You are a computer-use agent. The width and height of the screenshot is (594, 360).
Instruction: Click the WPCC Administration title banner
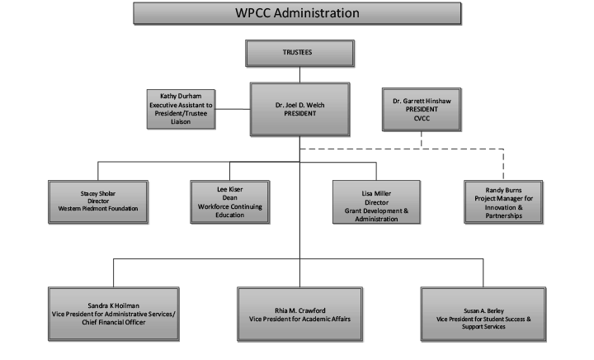point(297,13)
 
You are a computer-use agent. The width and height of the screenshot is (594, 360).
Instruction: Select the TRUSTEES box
point(299,54)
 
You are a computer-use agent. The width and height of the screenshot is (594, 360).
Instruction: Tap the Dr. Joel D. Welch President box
point(299,109)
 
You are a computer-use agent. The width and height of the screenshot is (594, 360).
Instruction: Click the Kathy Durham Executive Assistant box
point(181,109)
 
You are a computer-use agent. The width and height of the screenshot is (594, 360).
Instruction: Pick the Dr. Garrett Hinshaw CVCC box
point(422,110)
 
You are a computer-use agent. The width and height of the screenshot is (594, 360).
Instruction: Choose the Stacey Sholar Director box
point(98,202)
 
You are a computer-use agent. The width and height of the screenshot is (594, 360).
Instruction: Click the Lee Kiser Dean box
point(230,202)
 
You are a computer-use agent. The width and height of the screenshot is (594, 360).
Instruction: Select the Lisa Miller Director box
point(376,202)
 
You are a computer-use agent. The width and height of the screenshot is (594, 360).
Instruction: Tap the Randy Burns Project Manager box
point(503,202)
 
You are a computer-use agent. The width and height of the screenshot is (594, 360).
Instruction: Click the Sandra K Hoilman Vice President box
point(114,314)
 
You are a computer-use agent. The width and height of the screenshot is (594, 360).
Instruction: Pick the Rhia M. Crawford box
point(299,314)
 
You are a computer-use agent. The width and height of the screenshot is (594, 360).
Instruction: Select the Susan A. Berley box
point(483,314)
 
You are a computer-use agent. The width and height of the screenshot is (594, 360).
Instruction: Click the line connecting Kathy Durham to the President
point(233,109)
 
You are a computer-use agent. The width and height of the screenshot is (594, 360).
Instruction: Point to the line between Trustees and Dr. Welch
point(299,74)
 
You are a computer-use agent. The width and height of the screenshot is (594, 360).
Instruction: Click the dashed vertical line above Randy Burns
point(503,164)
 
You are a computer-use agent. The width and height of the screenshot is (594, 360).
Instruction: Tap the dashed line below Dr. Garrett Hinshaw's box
point(422,140)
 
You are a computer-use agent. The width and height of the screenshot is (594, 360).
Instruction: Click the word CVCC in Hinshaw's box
point(422,118)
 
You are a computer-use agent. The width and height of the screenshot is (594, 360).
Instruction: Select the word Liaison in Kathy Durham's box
point(181,121)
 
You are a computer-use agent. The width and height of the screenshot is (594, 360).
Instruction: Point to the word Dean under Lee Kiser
point(230,198)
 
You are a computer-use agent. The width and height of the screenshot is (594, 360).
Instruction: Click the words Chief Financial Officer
point(114,323)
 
